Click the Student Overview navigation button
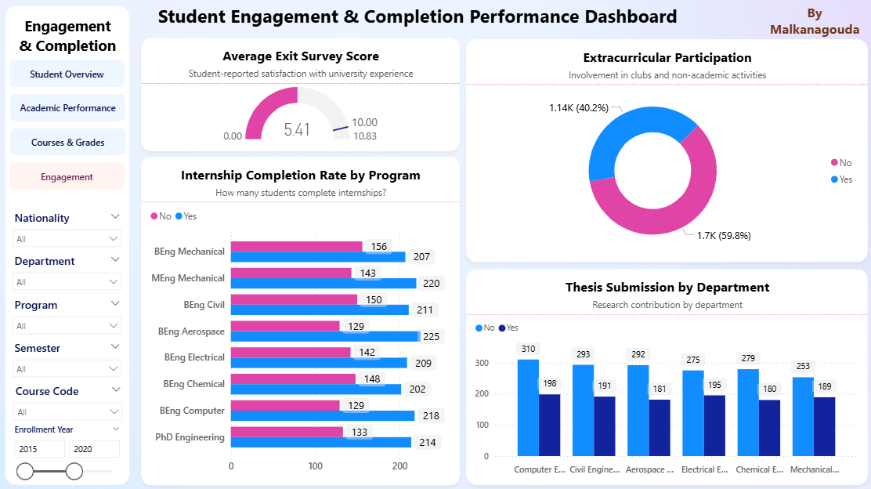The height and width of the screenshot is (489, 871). click(x=67, y=74)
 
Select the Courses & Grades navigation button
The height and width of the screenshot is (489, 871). click(x=67, y=143)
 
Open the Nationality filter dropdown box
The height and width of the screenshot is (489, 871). click(x=67, y=238)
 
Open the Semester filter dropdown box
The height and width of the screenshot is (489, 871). click(x=67, y=368)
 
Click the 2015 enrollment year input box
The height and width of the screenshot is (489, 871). click(x=40, y=449)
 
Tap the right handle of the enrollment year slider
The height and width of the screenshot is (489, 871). click(x=74, y=471)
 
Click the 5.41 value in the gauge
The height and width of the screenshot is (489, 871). click(x=297, y=130)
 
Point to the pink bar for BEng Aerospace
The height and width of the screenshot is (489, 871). click(x=285, y=326)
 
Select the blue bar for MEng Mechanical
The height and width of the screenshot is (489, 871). click(x=323, y=283)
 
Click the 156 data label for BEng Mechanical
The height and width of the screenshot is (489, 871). click(x=379, y=247)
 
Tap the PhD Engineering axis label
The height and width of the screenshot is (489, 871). click(x=190, y=437)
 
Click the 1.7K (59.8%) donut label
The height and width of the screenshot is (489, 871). click(x=724, y=235)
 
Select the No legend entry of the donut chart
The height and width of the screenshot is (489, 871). click(x=841, y=163)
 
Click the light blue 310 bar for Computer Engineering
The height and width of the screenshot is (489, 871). click(x=528, y=407)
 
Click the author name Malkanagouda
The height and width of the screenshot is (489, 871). click(x=815, y=30)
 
